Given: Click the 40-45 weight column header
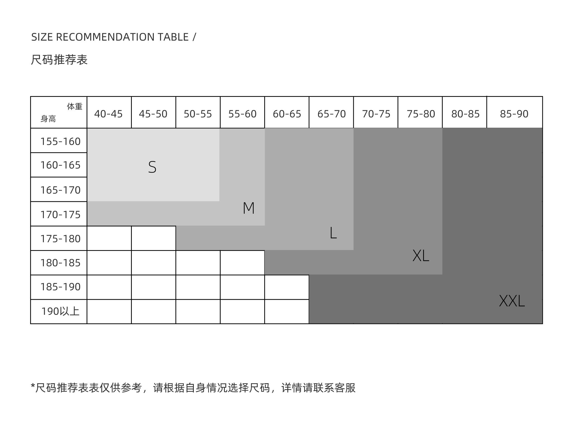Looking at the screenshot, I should pos(108,114).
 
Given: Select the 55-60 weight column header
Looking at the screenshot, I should pos(242,114).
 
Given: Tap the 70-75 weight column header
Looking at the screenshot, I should pos(376,114).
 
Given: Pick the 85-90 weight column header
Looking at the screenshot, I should pos(514,114).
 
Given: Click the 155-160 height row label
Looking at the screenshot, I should pos(60,142).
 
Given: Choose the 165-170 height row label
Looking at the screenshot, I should pos(60,190).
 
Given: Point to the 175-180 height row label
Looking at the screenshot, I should pos(60,239).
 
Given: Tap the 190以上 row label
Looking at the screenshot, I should pos(60,311).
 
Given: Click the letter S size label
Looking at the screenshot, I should pos(152,167).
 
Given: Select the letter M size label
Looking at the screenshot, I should pos(249,208).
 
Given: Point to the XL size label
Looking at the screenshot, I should pos(421,256).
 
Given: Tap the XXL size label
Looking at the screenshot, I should pos(512,301).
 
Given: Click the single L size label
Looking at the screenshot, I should pos(333,233).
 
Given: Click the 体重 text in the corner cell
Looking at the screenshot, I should pos(75,107).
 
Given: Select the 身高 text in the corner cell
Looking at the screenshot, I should pos(48,119).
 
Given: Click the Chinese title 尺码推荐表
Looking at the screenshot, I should pos(59,60).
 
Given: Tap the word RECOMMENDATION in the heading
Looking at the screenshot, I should pos(122,37).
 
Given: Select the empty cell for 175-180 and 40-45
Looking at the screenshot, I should pos(109,238).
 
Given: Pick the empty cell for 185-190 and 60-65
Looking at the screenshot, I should pos(287,287).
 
